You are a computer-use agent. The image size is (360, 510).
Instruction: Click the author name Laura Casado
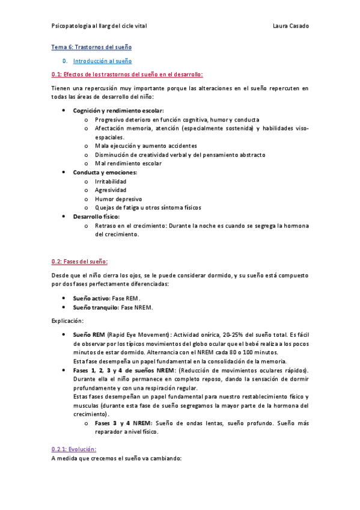coord(290,26)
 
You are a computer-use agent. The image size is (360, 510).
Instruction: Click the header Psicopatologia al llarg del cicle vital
coord(99,26)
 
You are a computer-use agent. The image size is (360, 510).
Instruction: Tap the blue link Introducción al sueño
coord(102,61)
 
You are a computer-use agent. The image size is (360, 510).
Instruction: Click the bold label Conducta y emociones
coord(105,173)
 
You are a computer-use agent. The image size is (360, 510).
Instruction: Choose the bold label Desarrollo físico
coord(96,216)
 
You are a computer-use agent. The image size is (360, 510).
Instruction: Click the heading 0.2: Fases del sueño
coord(79,262)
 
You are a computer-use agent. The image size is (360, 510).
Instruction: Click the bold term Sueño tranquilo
coord(96,307)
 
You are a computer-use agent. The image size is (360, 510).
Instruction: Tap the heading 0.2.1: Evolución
coord(74,449)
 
